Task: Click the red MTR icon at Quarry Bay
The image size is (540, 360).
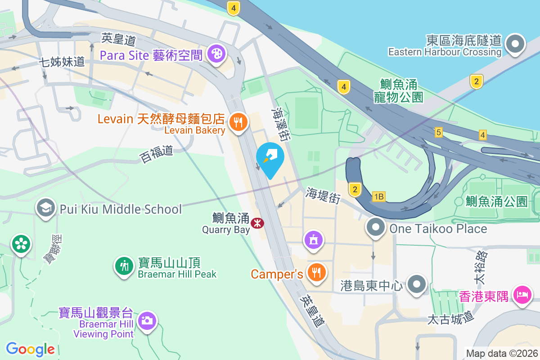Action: [x=257, y=223]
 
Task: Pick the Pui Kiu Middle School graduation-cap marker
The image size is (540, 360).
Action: [x=45, y=208]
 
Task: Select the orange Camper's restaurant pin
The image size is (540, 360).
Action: [x=317, y=272]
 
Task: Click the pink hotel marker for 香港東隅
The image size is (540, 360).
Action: [x=523, y=296]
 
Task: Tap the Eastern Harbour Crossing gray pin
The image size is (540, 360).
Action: [x=515, y=44]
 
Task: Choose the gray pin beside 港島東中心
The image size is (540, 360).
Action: [x=417, y=284]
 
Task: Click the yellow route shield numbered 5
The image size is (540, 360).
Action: [x=439, y=132]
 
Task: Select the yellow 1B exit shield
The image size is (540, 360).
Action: [x=379, y=197]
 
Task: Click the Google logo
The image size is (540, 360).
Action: [x=31, y=349]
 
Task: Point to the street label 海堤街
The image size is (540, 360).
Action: [x=323, y=195]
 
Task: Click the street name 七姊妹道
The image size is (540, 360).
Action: [x=62, y=62]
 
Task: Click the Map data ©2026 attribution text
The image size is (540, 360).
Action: [x=502, y=354]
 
